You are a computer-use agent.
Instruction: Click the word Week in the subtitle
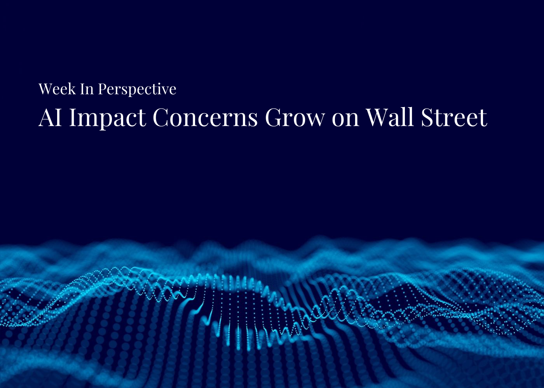click(57, 89)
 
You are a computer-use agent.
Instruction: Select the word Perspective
click(137, 90)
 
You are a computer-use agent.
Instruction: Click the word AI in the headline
click(50, 117)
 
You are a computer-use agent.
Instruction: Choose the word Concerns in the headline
click(205, 117)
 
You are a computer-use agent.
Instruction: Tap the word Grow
click(294, 117)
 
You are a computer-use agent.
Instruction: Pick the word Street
click(454, 117)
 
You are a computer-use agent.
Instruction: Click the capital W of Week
click(45, 89)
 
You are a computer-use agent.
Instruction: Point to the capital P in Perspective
click(102, 89)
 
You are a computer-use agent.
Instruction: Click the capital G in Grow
click(275, 117)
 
